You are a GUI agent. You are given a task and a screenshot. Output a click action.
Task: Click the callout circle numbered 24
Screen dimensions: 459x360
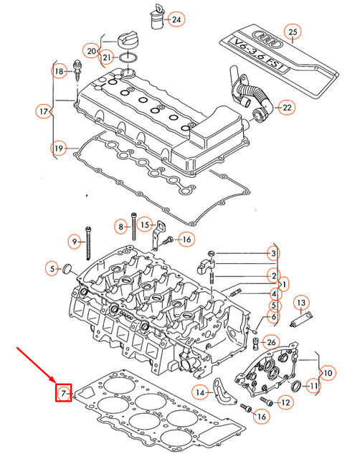click(x=176, y=18)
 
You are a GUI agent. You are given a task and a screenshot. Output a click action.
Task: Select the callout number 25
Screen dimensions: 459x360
click(x=291, y=32)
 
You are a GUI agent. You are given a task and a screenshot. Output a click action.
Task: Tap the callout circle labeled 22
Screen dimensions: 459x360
click(x=286, y=108)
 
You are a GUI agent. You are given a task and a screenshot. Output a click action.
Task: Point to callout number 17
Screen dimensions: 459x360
click(x=44, y=111)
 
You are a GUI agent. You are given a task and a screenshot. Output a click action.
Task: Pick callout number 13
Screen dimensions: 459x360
click(x=300, y=302)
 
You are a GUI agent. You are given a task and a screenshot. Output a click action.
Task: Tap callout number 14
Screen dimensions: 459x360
click(x=202, y=392)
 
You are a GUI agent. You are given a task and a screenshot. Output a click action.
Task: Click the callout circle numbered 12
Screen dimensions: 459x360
click(x=285, y=403)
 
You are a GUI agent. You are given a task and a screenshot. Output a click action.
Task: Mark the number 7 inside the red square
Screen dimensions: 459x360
click(x=64, y=393)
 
